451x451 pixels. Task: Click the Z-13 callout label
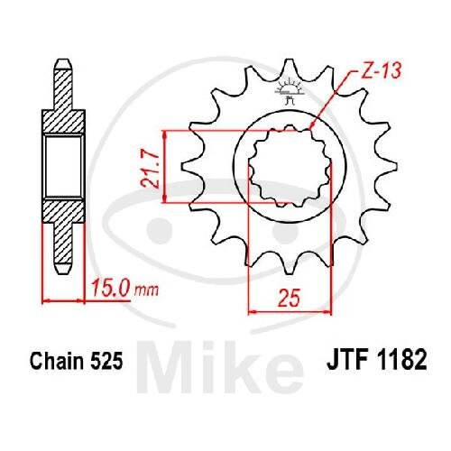point(382,71)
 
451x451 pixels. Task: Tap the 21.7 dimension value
point(151,170)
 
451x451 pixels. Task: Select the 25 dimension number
point(289,299)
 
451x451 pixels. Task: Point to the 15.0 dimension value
point(111,288)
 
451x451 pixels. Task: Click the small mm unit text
point(146,290)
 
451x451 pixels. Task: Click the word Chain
point(56,360)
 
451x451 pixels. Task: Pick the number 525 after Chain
point(106,361)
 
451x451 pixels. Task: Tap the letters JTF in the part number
point(348,360)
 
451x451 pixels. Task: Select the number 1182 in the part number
point(401,360)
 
